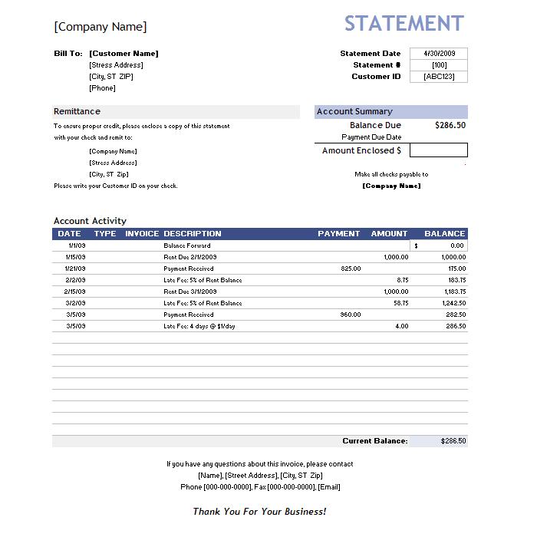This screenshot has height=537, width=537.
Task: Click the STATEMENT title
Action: point(404,24)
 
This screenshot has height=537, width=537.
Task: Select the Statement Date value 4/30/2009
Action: point(439,54)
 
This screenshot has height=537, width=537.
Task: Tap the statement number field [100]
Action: point(439,65)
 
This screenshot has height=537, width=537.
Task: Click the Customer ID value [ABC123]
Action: point(439,77)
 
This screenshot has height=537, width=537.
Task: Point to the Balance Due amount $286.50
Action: point(450,125)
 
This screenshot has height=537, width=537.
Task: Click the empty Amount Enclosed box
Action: point(438,150)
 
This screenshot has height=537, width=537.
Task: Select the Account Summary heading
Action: point(354,111)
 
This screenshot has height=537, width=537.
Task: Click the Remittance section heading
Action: point(77,111)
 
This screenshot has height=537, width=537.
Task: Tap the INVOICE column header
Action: point(142,233)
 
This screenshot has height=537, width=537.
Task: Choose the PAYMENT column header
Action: point(338,233)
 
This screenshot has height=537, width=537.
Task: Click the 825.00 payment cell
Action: point(351,268)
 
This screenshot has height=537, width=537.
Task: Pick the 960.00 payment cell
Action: point(351,315)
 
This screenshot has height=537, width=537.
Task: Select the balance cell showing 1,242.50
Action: point(453,303)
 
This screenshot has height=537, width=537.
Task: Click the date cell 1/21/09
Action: point(75,268)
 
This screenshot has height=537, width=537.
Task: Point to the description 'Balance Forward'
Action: point(186,245)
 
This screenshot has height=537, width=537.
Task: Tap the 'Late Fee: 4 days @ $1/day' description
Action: point(199,326)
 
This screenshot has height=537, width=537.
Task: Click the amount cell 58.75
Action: point(400,303)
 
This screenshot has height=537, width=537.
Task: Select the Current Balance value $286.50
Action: point(453,441)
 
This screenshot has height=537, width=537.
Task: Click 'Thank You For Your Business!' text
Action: point(259,511)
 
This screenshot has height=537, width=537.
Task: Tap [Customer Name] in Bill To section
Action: point(124,54)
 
